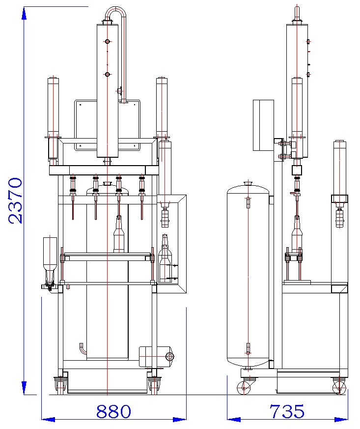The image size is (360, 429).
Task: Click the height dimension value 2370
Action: point(15,200)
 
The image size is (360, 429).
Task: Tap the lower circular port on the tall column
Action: point(107,74)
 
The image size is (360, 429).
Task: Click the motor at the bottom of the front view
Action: point(156,356)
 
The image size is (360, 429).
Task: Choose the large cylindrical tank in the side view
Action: point(248,275)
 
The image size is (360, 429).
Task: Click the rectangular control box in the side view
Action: point(263,125)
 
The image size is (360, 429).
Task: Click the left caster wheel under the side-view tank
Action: point(244,388)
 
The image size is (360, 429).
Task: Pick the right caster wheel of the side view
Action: point(338,387)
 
